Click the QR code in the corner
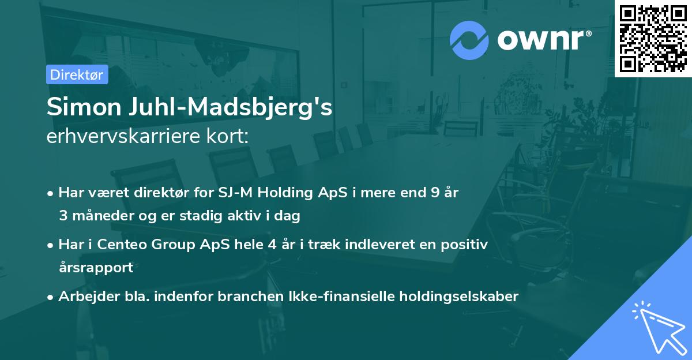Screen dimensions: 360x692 coord(653,39)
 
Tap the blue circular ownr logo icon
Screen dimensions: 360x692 coord(470,39)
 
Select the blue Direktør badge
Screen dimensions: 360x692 coord(77,74)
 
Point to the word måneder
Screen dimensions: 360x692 coord(99,216)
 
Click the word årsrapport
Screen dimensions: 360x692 coord(96,268)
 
